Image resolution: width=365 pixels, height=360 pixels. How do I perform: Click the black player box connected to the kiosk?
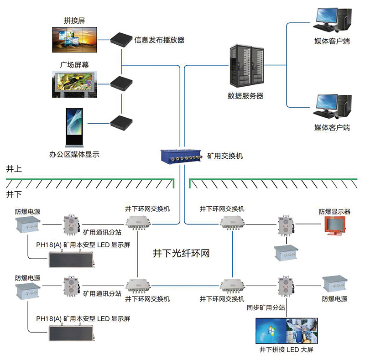(x=121, y=122)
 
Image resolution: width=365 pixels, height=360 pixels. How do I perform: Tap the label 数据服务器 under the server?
(x=245, y=96)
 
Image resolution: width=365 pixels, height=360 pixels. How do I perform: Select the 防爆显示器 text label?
(x=334, y=212)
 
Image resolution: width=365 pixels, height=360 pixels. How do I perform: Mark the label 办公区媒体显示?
(x=74, y=155)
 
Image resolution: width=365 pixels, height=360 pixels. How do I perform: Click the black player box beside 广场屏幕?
(x=121, y=83)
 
